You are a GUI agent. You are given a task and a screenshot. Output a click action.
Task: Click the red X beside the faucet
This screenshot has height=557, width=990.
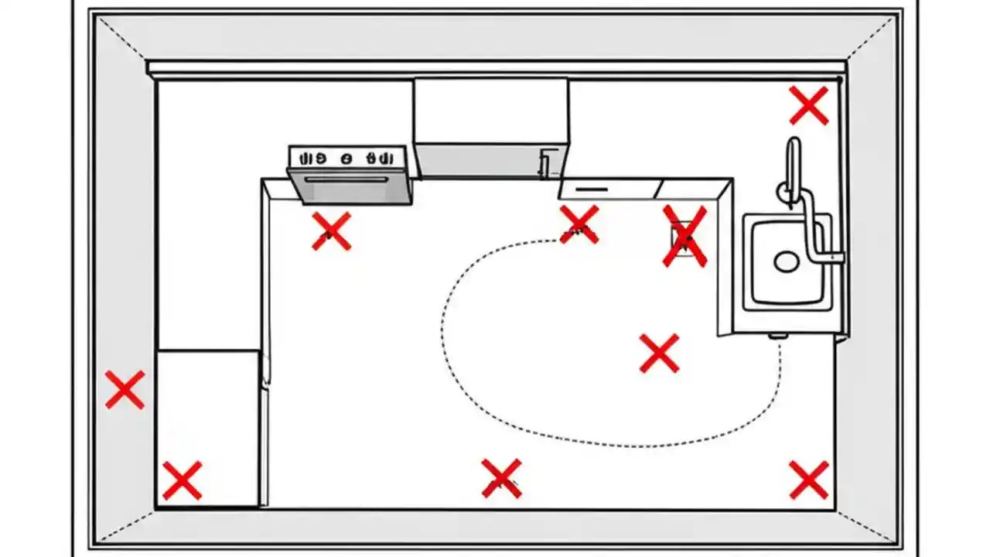[808, 106]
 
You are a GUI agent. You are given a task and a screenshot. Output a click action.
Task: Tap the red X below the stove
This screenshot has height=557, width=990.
[331, 231]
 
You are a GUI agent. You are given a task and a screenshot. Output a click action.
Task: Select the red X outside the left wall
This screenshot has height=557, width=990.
[125, 389]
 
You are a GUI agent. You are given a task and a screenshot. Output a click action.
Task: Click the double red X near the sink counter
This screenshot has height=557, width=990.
[684, 237]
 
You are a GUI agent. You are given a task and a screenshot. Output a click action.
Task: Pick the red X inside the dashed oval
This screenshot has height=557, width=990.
[659, 353]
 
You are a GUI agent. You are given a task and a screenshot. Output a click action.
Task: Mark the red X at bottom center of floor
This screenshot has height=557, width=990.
[501, 477]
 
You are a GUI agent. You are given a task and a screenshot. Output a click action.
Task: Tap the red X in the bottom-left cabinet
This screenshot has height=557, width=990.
[182, 480]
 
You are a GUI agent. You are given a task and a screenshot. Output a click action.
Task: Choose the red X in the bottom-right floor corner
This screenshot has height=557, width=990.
[808, 480]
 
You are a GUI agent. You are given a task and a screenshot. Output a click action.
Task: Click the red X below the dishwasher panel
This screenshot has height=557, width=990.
[579, 224]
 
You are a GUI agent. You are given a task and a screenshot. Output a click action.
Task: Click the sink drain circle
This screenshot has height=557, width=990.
[787, 261]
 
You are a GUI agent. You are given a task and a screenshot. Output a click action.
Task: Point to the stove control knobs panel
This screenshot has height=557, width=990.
[346, 157]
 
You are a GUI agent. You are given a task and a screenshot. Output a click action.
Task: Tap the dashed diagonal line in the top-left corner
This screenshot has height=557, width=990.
[122, 39]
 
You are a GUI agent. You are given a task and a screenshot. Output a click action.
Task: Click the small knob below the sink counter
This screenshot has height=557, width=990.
[777, 337]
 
